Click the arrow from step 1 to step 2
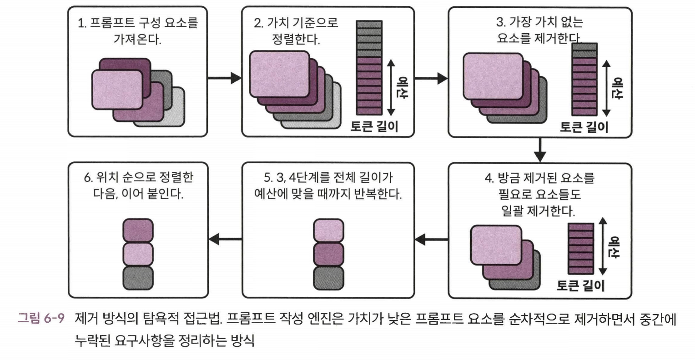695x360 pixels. (x=224, y=78)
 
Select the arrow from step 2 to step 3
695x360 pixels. (x=431, y=78)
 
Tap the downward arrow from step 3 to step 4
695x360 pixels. (x=539, y=150)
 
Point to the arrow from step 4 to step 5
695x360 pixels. (x=431, y=239)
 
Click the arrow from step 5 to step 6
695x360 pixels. (x=225, y=239)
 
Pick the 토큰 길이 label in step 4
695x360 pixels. (x=581, y=285)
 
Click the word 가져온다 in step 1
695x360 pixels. (x=137, y=39)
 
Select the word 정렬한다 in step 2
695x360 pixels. (x=296, y=39)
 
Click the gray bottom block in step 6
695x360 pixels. (x=138, y=277)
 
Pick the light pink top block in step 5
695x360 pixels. (x=328, y=230)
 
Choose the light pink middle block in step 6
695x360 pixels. (x=138, y=254)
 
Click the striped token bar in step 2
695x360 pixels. (x=369, y=67)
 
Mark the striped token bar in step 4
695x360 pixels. (x=581, y=248)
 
